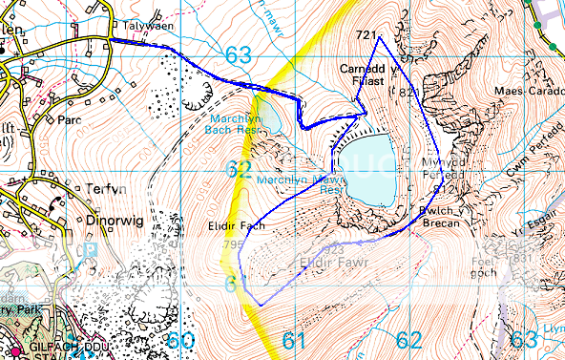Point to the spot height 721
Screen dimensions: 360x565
[x=364, y=35]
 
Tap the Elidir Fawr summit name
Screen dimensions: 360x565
[x=327, y=260]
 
